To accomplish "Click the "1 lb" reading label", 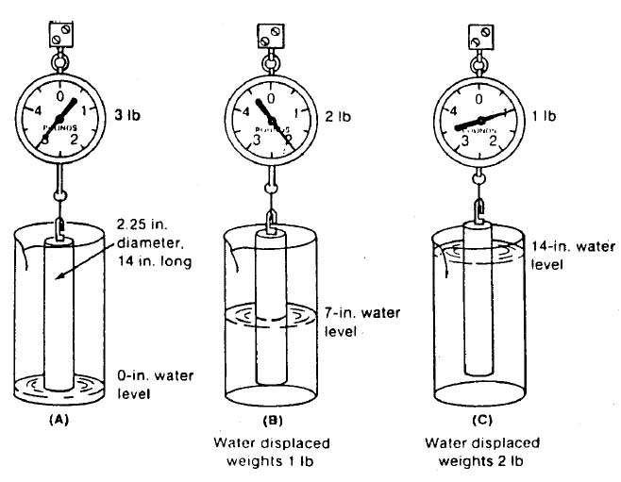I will [545, 117].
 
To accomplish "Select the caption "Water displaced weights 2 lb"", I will [481, 450].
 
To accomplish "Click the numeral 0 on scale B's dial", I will [271, 97].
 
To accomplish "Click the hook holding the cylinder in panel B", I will [271, 221].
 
